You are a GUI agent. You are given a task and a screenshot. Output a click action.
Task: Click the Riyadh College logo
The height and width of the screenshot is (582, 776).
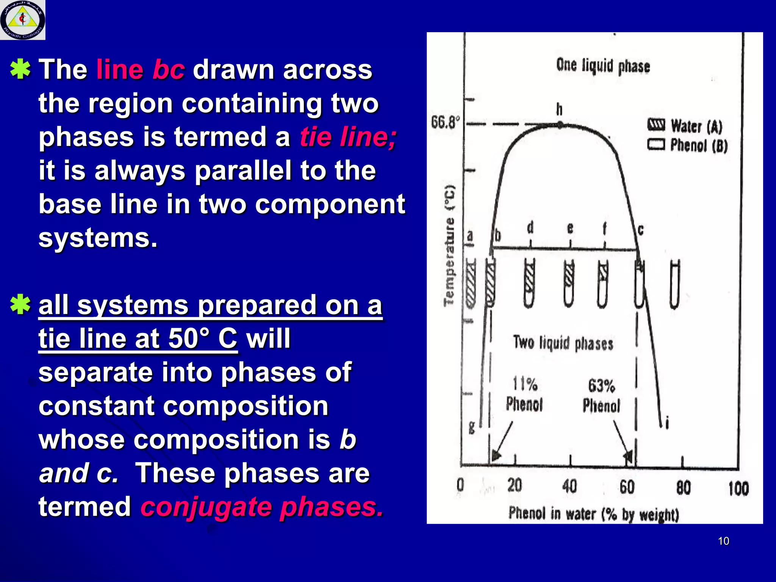pyautogui.click(x=23, y=20)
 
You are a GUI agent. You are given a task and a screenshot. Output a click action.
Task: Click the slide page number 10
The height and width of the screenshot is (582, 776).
pyautogui.click(x=723, y=541)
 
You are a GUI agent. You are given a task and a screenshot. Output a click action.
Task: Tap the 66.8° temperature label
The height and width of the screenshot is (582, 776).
pyautogui.click(x=446, y=122)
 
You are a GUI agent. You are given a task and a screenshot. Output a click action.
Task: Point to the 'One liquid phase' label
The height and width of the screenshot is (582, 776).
pyautogui.click(x=603, y=66)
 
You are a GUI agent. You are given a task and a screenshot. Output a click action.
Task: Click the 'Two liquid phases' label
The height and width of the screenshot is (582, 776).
pyautogui.click(x=563, y=343)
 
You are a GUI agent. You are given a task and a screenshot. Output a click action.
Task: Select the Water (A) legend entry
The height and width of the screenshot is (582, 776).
pyautogui.click(x=685, y=126)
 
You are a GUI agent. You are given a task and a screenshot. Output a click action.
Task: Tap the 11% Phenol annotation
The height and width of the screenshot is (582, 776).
pyautogui.click(x=525, y=394)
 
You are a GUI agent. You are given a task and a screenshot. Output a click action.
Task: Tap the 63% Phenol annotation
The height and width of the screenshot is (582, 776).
pyautogui.click(x=601, y=396)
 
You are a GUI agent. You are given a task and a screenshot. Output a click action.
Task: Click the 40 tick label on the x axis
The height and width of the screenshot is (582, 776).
pyautogui.click(x=569, y=486)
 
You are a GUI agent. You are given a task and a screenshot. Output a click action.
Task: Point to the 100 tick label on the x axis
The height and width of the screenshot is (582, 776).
pyautogui.click(x=738, y=488)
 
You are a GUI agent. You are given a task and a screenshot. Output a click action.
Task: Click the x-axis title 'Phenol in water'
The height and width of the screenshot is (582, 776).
pyautogui.click(x=593, y=514)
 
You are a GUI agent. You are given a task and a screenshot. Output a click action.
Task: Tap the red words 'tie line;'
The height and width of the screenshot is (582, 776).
pyautogui.click(x=348, y=137)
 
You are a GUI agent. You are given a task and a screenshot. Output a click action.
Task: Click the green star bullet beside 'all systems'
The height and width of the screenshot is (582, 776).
pyautogui.click(x=20, y=304)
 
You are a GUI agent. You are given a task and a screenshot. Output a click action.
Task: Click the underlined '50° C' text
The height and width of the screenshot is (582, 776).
pyautogui.click(x=202, y=338)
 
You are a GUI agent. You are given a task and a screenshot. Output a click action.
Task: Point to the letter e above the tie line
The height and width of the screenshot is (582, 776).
pyautogui.click(x=570, y=228)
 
